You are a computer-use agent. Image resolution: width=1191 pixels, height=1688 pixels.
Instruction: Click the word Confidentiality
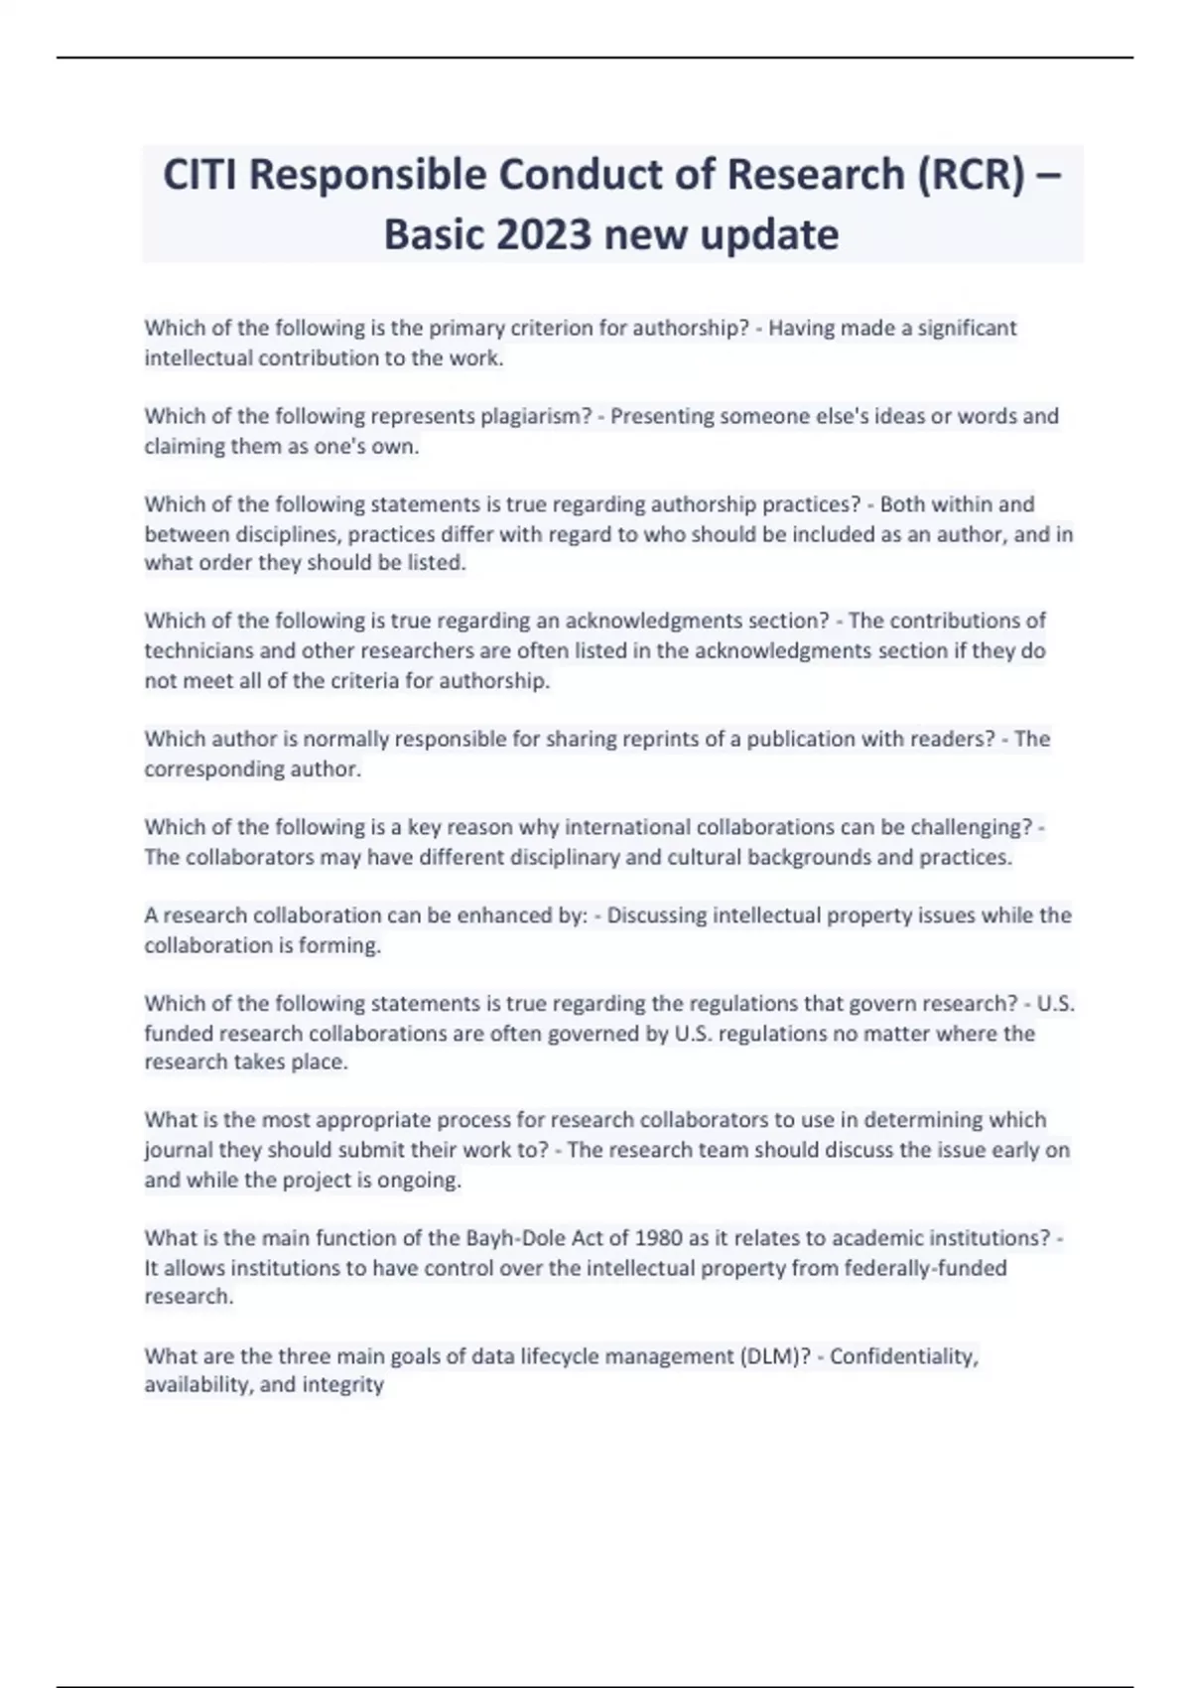coord(904,1356)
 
